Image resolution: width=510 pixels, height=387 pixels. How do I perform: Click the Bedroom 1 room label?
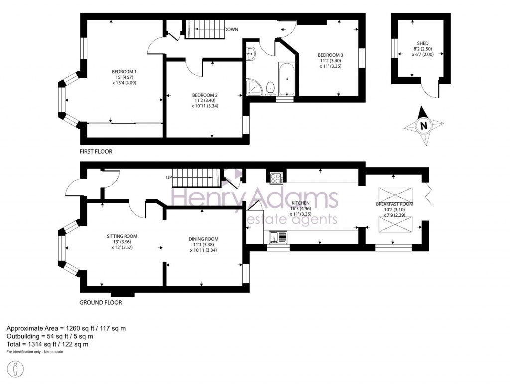[124, 72]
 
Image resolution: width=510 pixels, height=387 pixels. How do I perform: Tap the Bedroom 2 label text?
[205, 95]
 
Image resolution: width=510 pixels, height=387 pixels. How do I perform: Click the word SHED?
[423, 43]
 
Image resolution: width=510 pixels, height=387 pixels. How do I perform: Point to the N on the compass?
[424, 126]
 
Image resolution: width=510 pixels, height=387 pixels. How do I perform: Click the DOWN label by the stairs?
[231, 30]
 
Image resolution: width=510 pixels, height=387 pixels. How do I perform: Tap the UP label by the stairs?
[169, 177]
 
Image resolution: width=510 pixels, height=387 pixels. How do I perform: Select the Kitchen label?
[301, 203]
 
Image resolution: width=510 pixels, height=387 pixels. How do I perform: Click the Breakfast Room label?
[394, 204]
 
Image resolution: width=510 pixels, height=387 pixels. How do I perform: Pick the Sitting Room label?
[122, 236]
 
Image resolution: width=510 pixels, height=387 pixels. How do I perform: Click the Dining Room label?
[203, 239]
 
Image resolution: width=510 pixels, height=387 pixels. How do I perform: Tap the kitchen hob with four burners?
[276, 178]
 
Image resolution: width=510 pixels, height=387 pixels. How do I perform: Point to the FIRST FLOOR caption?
[96, 151]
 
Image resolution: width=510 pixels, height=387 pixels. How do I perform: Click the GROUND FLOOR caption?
[100, 302]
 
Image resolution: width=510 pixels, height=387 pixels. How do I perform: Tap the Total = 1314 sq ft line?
[47, 344]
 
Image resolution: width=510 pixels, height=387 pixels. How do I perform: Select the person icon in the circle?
[16, 370]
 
